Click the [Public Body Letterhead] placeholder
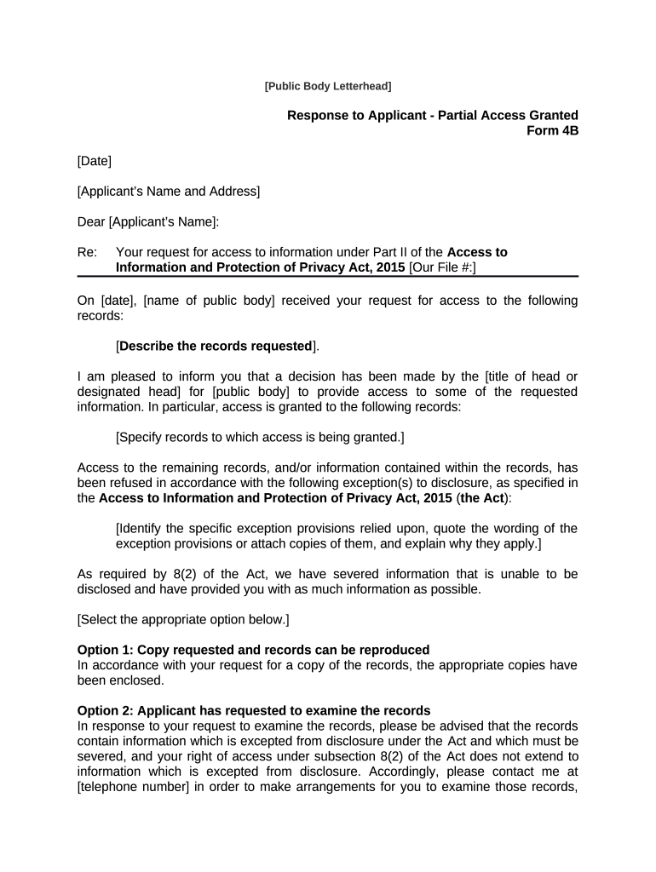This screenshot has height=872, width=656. tap(328, 86)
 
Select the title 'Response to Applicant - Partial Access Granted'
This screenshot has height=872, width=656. tap(432, 115)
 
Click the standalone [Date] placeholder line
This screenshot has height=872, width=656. tap(95, 160)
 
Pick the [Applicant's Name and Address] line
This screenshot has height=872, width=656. tap(168, 191)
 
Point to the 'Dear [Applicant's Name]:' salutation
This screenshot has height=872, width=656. tap(147, 221)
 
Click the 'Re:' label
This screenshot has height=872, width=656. tap(87, 252)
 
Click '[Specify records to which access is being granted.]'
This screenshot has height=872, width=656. tap(259, 437)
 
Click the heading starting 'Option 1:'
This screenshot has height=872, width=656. tap(253, 650)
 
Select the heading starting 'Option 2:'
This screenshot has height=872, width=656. tap(254, 710)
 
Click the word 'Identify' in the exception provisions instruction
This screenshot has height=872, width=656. tap(141, 528)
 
